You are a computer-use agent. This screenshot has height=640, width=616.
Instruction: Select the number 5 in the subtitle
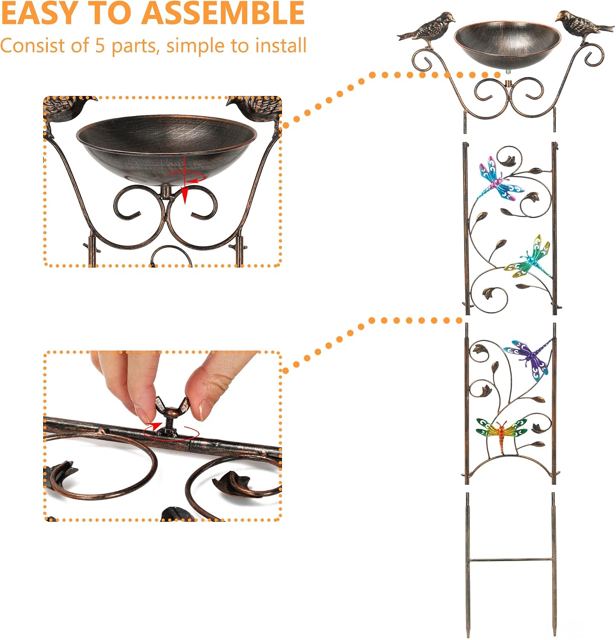[100, 46]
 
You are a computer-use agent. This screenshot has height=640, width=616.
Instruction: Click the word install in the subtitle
[280, 45]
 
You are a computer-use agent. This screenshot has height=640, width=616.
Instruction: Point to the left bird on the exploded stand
[426, 27]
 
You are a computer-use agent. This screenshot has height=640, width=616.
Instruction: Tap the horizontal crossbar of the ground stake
[511, 559]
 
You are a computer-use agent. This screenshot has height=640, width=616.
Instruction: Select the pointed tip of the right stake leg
[554, 634]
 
